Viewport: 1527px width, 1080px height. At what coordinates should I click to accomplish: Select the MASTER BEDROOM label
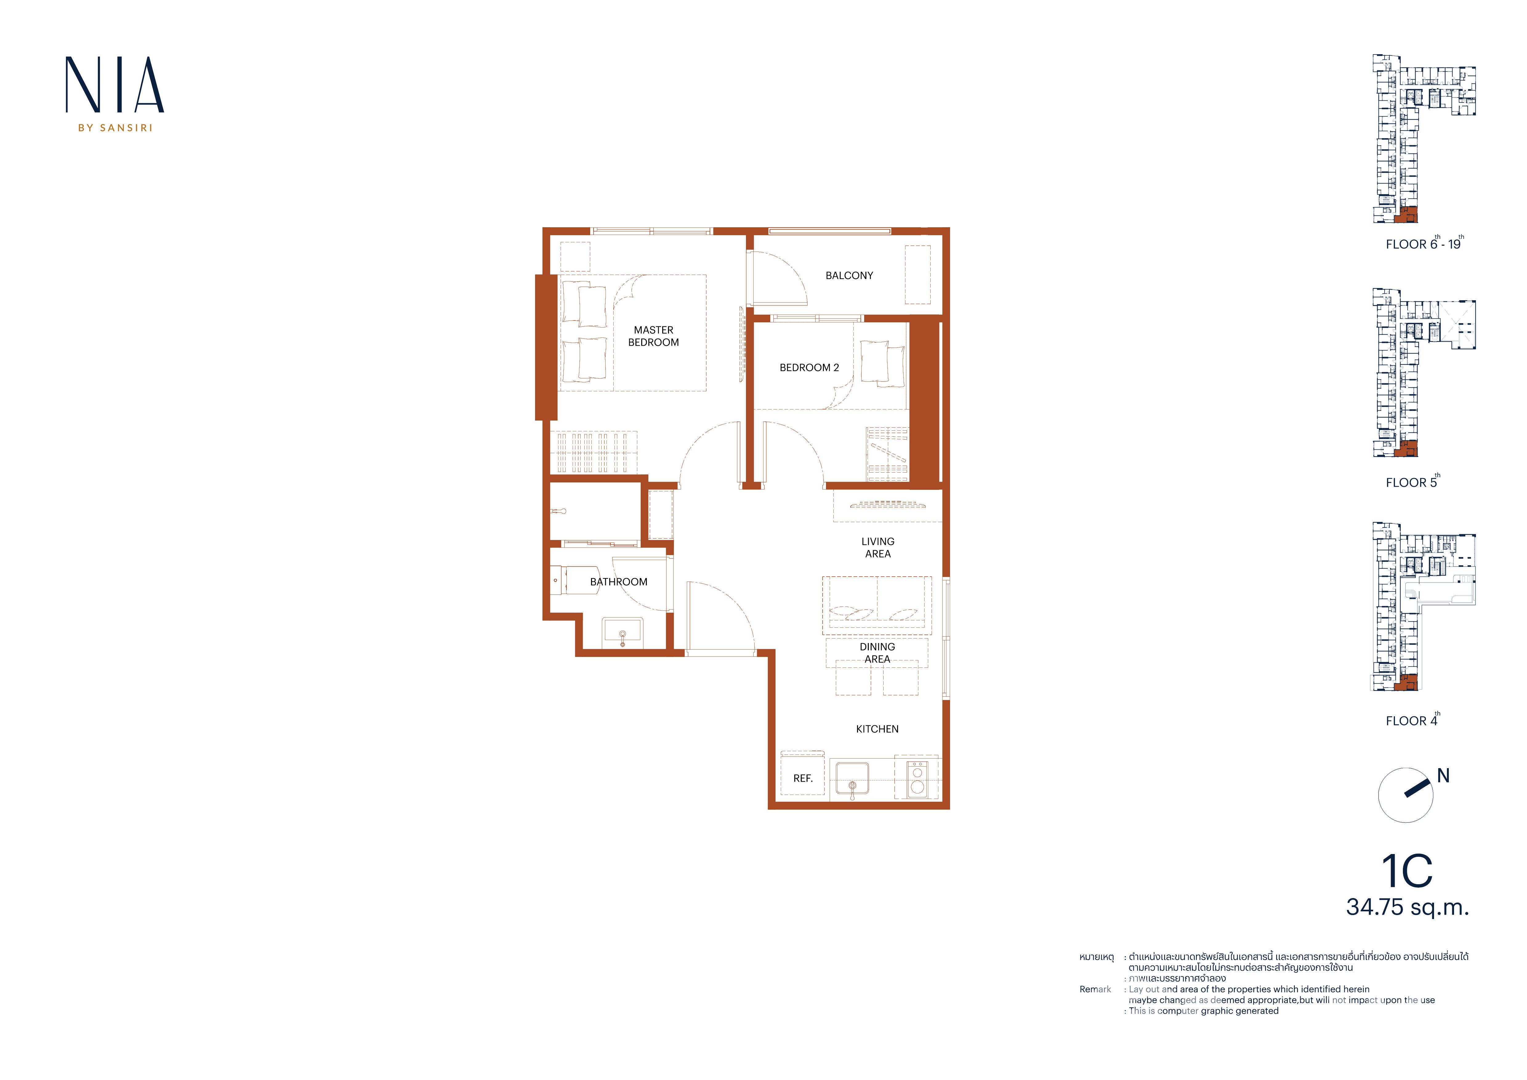[x=654, y=336]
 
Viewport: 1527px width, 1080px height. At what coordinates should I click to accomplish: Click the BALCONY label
[x=849, y=275]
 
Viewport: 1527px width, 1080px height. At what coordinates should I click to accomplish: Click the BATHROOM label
[x=618, y=582]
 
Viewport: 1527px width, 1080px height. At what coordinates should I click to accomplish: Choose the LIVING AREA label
[x=878, y=547]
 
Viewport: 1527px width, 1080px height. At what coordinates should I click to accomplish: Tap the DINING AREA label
[x=877, y=652]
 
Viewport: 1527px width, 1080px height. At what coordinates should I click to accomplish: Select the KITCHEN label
[x=877, y=729]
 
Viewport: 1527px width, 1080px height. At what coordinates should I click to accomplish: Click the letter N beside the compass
[x=1443, y=776]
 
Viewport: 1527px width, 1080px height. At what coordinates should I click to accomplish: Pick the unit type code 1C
[x=1407, y=871]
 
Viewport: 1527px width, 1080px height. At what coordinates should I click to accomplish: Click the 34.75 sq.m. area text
[x=1407, y=907]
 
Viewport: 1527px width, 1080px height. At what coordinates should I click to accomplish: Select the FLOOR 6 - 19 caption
[x=1424, y=244]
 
